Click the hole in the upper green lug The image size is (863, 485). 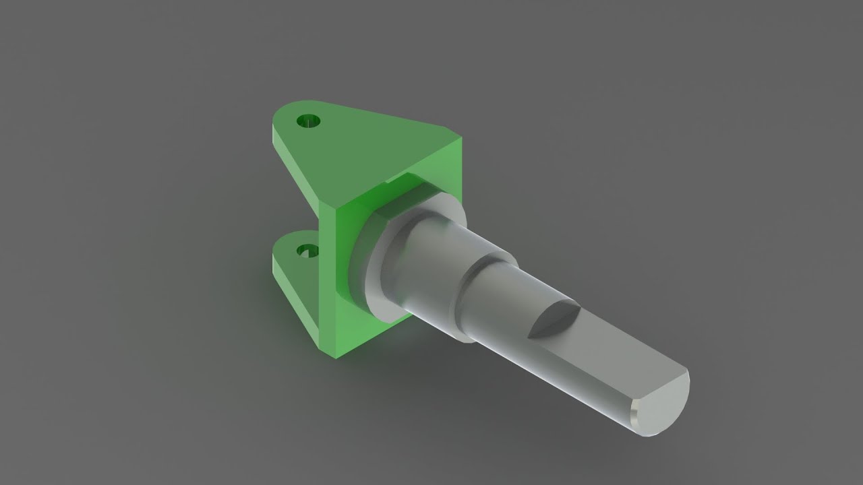pos(309,122)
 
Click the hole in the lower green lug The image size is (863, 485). pos(308,251)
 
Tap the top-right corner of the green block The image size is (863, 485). pos(460,139)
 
